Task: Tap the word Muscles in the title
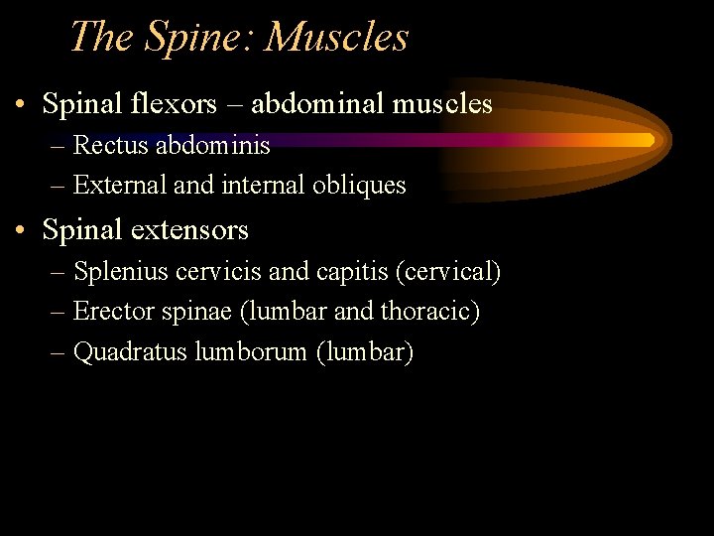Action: [337, 38]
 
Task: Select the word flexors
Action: [171, 103]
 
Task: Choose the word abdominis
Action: [212, 146]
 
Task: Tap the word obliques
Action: [357, 185]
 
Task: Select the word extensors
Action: [188, 230]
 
